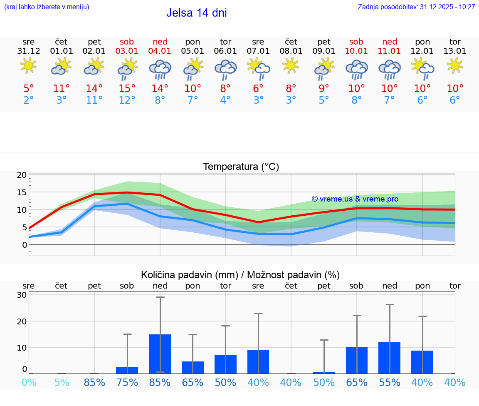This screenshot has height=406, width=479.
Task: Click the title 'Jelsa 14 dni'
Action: [196, 13]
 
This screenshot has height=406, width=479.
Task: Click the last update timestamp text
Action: [416, 7]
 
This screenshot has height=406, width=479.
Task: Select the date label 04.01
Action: [160, 51]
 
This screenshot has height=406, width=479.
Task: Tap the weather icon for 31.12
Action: [28, 65]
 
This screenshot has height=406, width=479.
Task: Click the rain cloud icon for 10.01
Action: [356, 69]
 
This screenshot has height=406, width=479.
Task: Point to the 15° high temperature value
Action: [127, 88]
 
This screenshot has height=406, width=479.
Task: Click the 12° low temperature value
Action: [127, 100]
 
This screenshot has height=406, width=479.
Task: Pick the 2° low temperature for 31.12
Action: [28, 100]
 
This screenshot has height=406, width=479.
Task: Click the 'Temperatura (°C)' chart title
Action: [241, 167]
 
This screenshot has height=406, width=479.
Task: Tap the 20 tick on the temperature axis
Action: [22, 175]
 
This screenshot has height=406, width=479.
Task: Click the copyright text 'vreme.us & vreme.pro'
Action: [355, 199]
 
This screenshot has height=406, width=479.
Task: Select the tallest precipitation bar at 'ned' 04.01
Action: [160, 354]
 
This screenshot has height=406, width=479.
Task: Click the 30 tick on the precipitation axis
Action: [22, 295]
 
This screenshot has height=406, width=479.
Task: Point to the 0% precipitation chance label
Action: [28, 382]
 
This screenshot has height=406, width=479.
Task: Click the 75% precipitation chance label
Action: [127, 382]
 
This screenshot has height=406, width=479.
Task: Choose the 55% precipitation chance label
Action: [390, 382]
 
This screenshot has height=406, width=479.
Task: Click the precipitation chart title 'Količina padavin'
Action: [240, 275]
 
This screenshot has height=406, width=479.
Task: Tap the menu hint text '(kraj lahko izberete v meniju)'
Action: [47, 7]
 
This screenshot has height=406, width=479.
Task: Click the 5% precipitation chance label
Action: [62, 382]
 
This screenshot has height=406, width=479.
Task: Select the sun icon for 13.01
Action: [455, 65]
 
